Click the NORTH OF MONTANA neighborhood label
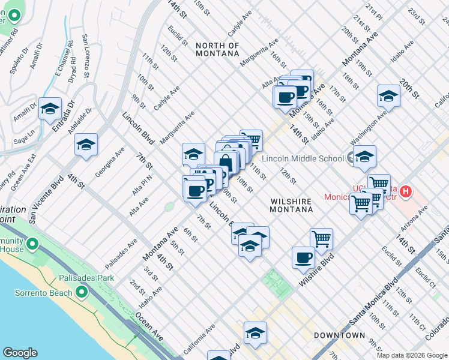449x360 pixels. click(217, 49)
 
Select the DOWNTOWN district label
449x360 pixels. click(340, 335)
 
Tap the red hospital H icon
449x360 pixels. click(406, 193)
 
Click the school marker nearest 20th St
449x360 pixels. click(388, 96)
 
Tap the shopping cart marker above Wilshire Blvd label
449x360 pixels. click(322, 238)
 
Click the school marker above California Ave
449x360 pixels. click(255, 333)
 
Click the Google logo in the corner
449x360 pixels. click(20, 353)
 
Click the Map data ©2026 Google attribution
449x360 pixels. click(412, 355)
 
